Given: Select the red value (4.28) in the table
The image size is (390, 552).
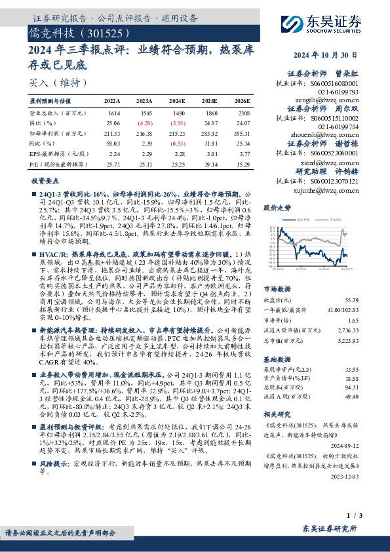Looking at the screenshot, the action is (145, 123).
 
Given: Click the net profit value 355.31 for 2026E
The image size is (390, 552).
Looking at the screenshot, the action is (241, 132).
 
